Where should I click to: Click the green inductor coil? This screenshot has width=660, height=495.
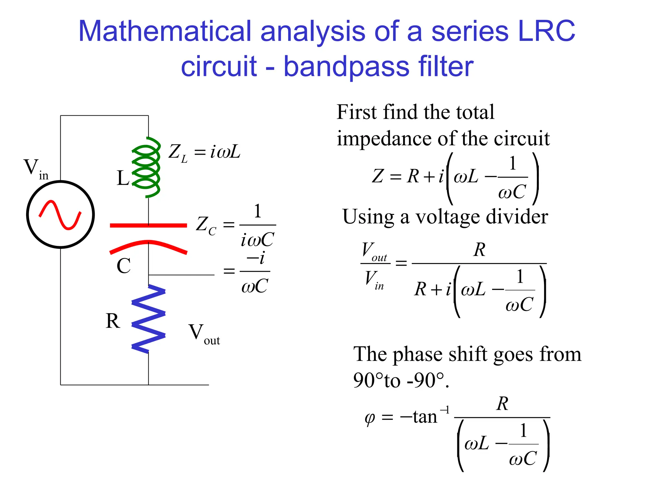coord(146,167)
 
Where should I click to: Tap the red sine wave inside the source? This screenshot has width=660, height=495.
coord(60,215)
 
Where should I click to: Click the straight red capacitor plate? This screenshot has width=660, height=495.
coord(148,225)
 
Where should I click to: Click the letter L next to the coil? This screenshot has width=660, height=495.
coord(123,178)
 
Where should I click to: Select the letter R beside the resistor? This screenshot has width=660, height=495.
coord(113,321)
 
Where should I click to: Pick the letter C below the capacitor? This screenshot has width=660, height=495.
coord(123,266)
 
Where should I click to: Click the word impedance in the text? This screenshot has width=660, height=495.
coord(383,139)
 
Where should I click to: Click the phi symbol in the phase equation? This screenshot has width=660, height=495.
coord(370,418)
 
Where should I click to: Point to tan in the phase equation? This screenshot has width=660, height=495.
coord(425,417)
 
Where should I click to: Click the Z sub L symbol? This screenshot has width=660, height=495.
coord(178,153)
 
